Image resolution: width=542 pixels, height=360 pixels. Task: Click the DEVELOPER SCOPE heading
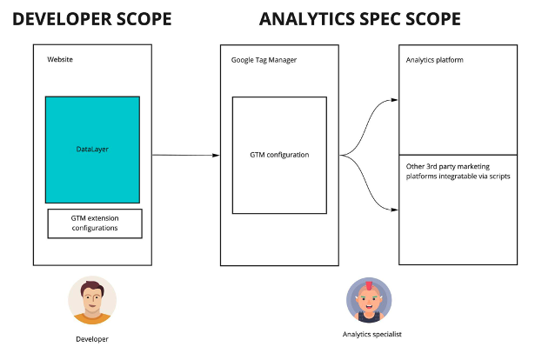(92, 19)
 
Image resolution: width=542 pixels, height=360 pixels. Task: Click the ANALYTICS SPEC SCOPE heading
(360, 19)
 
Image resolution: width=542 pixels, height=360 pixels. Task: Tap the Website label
(60, 59)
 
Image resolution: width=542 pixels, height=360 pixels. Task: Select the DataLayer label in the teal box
(92, 150)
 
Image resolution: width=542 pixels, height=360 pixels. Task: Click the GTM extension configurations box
(95, 223)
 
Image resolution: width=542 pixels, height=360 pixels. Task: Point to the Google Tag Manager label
(264, 60)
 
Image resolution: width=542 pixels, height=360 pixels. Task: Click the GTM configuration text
(279, 155)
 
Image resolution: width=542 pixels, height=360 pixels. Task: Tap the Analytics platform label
(434, 60)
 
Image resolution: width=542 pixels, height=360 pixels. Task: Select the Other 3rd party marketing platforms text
(458, 171)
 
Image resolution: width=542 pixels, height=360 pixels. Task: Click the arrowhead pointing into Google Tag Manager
(216, 155)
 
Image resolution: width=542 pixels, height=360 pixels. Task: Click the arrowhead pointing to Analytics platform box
(394, 100)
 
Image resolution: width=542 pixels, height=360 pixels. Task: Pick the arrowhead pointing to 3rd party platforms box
(394, 210)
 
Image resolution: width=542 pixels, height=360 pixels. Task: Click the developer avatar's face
(92, 299)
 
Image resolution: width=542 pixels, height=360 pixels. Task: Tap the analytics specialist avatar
(369, 300)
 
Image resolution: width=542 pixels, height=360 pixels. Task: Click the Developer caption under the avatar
(92, 339)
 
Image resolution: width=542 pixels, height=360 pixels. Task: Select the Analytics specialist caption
(372, 334)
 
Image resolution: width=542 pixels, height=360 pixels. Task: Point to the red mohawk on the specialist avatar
(369, 286)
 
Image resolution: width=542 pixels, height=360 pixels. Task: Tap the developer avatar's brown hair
(92, 288)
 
